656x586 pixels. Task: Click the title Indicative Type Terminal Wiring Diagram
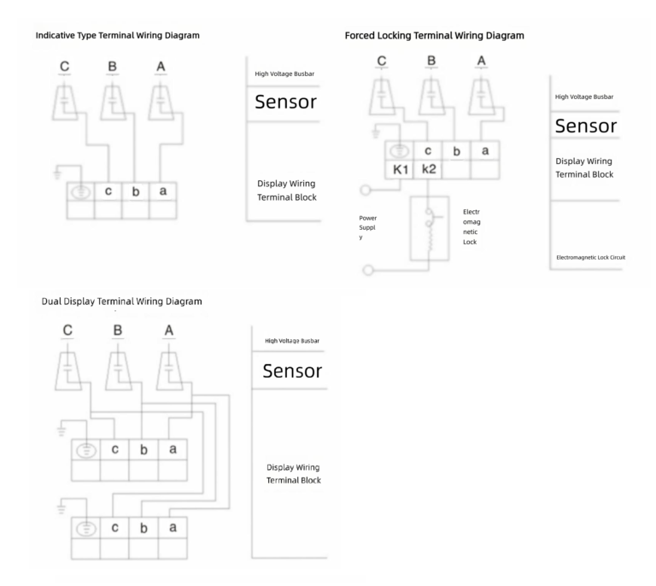click(x=118, y=35)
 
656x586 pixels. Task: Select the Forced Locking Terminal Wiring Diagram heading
click(x=434, y=36)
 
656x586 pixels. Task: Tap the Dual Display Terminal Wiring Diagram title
click(x=121, y=302)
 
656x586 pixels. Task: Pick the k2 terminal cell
click(x=428, y=169)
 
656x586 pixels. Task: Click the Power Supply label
click(x=368, y=227)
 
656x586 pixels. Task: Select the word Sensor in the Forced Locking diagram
click(x=585, y=126)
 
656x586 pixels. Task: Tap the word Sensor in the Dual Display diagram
click(x=291, y=371)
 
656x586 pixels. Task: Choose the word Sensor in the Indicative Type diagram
click(x=285, y=103)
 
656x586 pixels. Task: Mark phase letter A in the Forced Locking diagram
click(x=483, y=61)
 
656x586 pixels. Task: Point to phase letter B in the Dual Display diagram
click(x=118, y=330)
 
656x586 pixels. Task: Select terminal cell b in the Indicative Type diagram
click(x=136, y=191)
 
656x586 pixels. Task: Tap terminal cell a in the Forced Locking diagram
click(x=484, y=150)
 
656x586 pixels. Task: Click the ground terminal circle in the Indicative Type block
click(x=81, y=192)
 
